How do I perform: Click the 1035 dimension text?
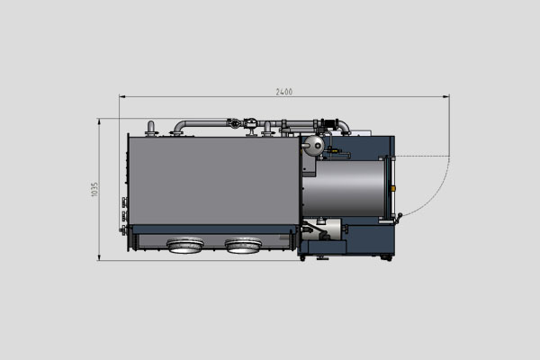pyautogui.click(x=94, y=190)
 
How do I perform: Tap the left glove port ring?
pyautogui.click(x=186, y=244)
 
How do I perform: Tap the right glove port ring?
pyautogui.click(x=243, y=244)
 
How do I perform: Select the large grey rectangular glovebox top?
pyautogui.click(x=212, y=180)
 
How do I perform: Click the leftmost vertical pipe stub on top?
pyautogui.click(x=152, y=128)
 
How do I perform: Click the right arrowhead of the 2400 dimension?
pyautogui.click(x=447, y=97)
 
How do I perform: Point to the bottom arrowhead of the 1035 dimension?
pyautogui.click(x=100, y=257)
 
